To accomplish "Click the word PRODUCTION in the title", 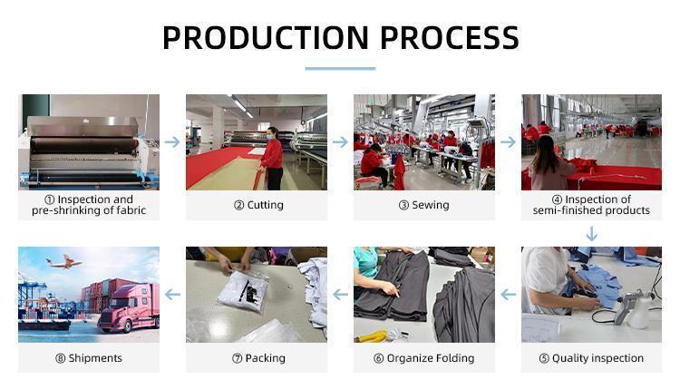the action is [x=266, y=37].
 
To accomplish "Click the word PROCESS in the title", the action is [x=450, y=37].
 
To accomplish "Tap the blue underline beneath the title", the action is [x=340, y=69].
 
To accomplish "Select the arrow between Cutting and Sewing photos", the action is [x=340, y=141].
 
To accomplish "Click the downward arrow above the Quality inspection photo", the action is [x=591, y=234].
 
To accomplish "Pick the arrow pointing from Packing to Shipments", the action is [x=172, y=295].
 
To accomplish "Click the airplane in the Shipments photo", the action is [x=63, y=261].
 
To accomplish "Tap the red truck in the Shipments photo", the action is [x=129, y=306].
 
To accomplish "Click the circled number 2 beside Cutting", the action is [x=239, y=205].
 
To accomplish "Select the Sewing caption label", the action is [x=423, y=205].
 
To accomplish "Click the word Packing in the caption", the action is [x=265, y=358].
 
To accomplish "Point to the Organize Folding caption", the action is [x=423, y=358].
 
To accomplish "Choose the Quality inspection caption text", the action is [x=591, y=358].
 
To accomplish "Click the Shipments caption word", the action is [x=95, y=358].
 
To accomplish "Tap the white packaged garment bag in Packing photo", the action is [x=243, y=291].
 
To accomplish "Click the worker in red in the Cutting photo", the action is [x=273, y=159].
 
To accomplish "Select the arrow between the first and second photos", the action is [x=172, y=141].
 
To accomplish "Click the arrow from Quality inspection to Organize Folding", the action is [x=508, y=295].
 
